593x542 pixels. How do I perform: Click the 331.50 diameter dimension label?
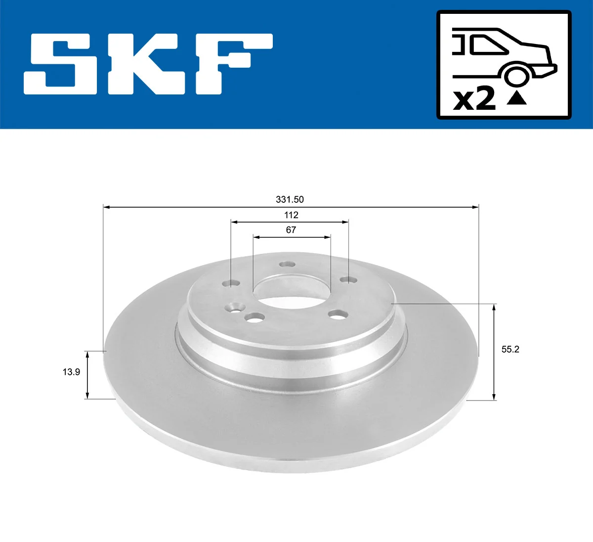290,199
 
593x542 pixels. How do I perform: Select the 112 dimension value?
291,215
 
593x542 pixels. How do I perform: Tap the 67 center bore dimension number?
291,229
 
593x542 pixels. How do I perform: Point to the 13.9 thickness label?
71,372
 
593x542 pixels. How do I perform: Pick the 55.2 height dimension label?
510,349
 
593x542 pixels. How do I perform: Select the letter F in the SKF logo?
232,64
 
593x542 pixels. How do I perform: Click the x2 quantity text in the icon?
474,99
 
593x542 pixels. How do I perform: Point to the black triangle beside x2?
517,98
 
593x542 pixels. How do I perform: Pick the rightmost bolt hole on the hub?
349,280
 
